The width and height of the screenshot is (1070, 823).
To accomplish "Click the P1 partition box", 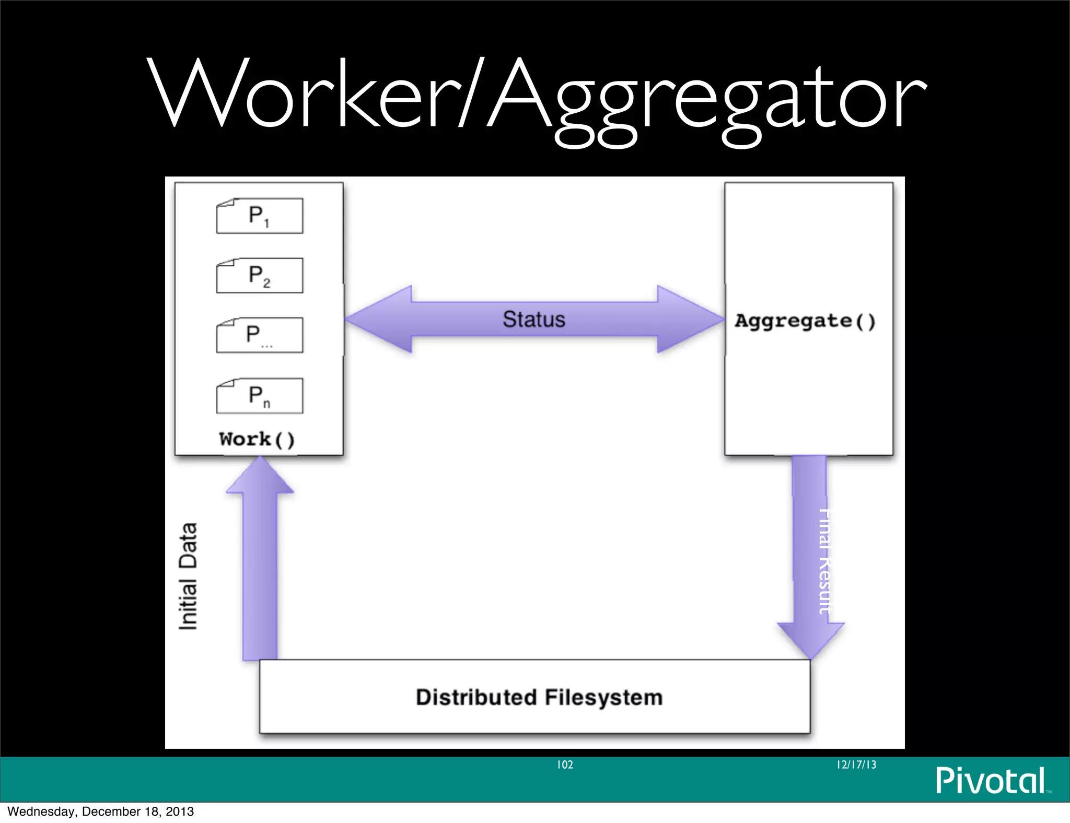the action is point(260,216).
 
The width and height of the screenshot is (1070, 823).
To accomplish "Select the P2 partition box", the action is point(260,275).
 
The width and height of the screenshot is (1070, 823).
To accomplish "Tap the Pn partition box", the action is point(260,396).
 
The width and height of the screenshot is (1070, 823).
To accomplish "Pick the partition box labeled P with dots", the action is point(260,335).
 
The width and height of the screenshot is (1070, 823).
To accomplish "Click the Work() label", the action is point(257,439).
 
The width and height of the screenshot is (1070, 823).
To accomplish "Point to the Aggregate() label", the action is point(805,321).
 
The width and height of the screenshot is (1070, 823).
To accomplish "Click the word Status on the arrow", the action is point(534,319).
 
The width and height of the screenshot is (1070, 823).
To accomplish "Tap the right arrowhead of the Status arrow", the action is point(690,319).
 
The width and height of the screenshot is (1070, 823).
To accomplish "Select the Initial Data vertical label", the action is point(188,576).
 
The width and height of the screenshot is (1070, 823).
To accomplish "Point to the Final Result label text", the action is point(824,561).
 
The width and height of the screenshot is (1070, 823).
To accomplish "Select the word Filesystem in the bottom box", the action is point(603,698).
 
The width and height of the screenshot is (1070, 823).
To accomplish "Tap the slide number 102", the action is point(565,765).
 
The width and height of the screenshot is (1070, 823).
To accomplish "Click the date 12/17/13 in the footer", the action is point(856,765).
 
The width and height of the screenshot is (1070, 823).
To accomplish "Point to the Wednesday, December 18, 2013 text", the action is point(100,812).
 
